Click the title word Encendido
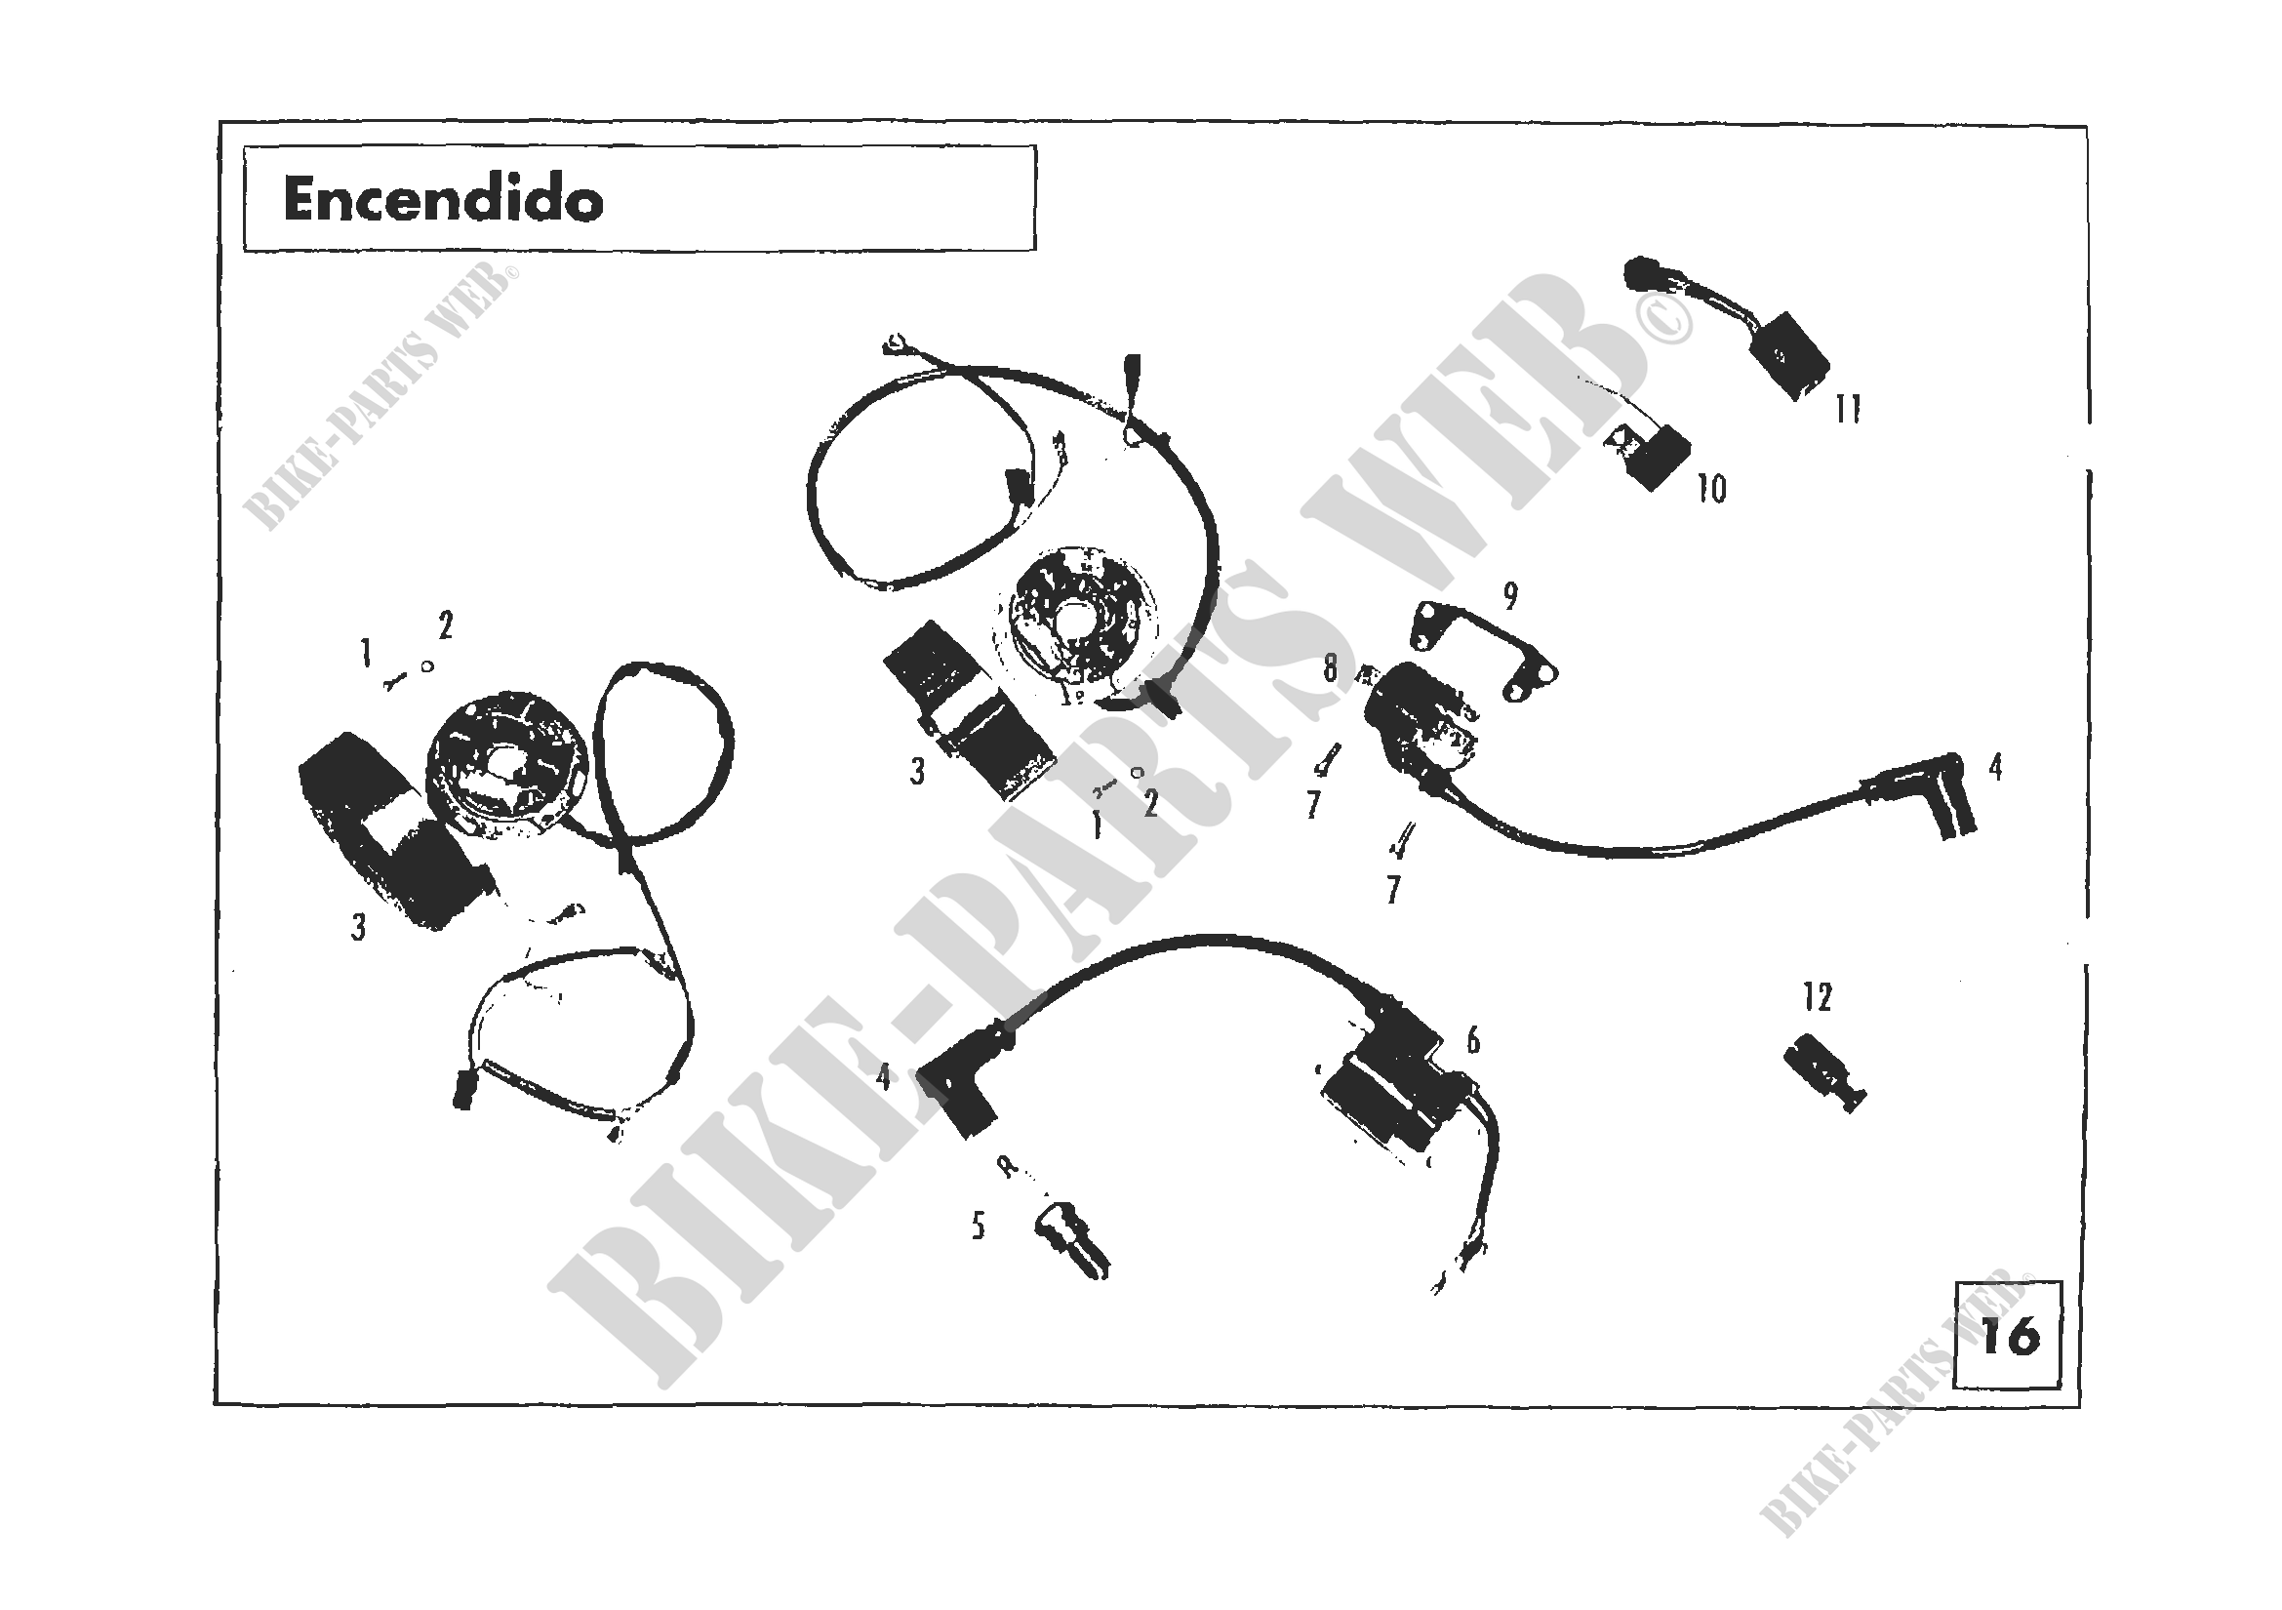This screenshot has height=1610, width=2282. click(x=443, y=200)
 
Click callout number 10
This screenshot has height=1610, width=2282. click(x=1711, y=489)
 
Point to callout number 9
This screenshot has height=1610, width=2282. click(x=1509, y=596)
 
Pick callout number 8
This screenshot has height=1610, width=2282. click(x=1331, y=668)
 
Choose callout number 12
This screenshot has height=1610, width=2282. click(x=1817, y=998)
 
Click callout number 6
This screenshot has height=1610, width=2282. click(x=1472, y=1040)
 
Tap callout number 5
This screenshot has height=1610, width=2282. click(x=978, y=1228)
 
